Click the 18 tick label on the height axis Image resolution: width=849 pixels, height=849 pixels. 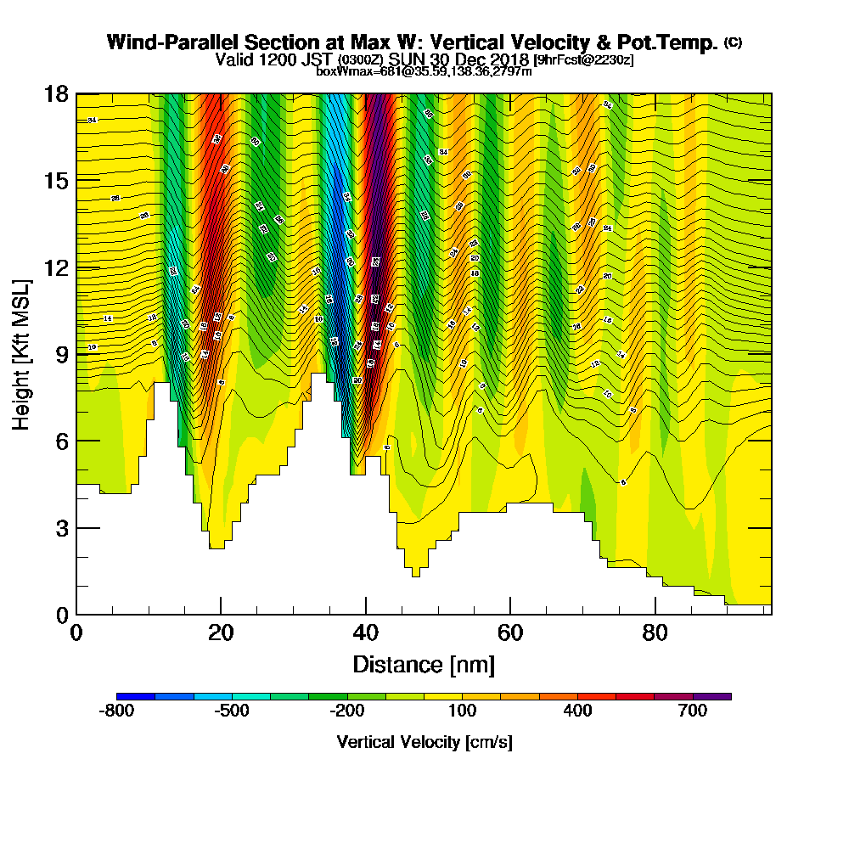[55, 94]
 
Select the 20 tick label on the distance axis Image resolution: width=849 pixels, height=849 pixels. [221, 633]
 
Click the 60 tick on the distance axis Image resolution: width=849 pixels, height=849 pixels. [509, 614]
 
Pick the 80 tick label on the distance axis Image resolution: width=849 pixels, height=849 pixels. [655, 633]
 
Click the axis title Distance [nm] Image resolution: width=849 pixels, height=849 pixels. [424, 663]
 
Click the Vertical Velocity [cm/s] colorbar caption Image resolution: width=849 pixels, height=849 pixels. [424, 742]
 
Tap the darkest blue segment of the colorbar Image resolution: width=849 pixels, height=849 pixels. [136, 696]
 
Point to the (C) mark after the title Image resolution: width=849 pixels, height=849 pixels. [733, 42]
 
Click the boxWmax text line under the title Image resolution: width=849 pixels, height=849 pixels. [424, 71]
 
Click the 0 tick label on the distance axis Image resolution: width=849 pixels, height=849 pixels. [76, 633]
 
